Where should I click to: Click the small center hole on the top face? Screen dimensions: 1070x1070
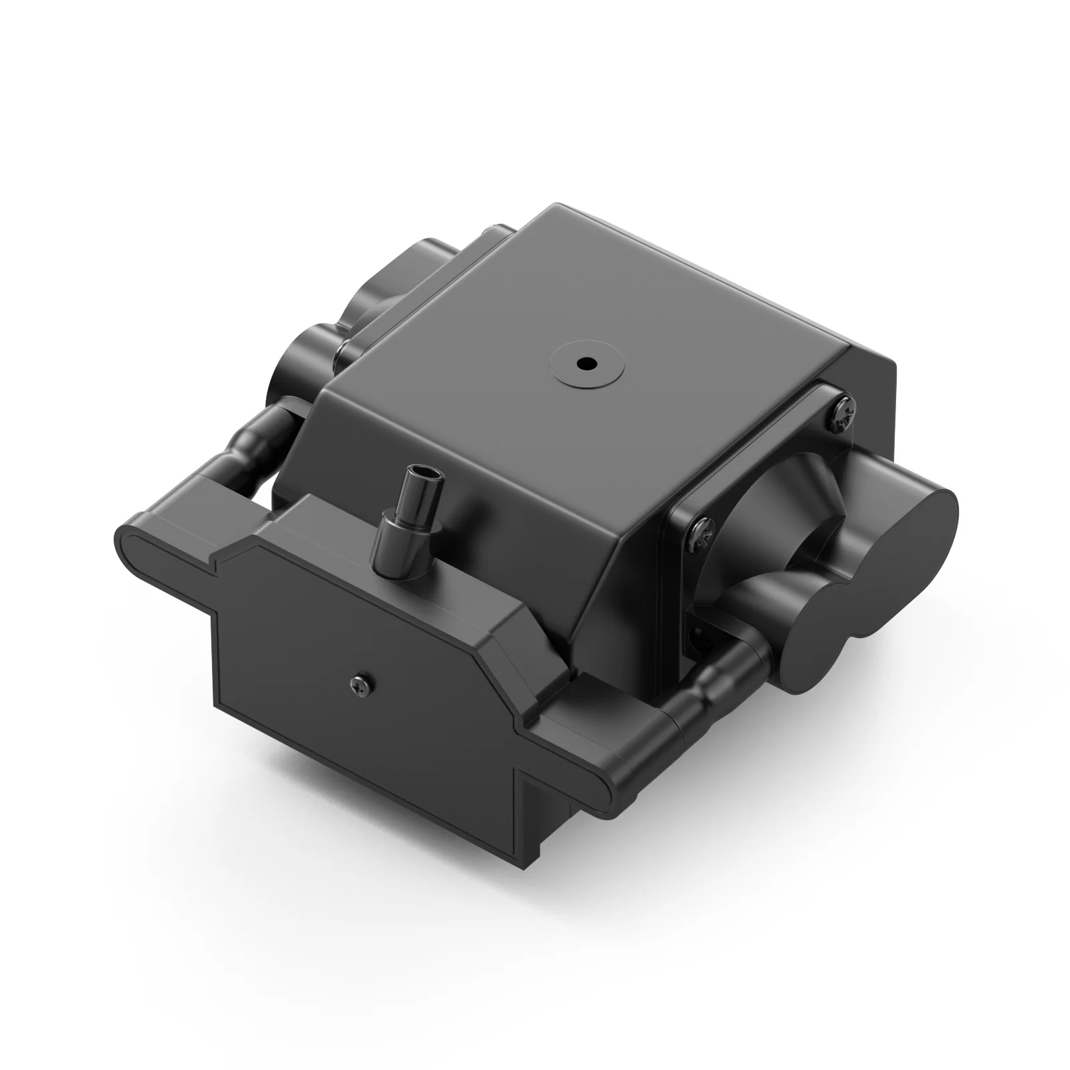586,364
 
